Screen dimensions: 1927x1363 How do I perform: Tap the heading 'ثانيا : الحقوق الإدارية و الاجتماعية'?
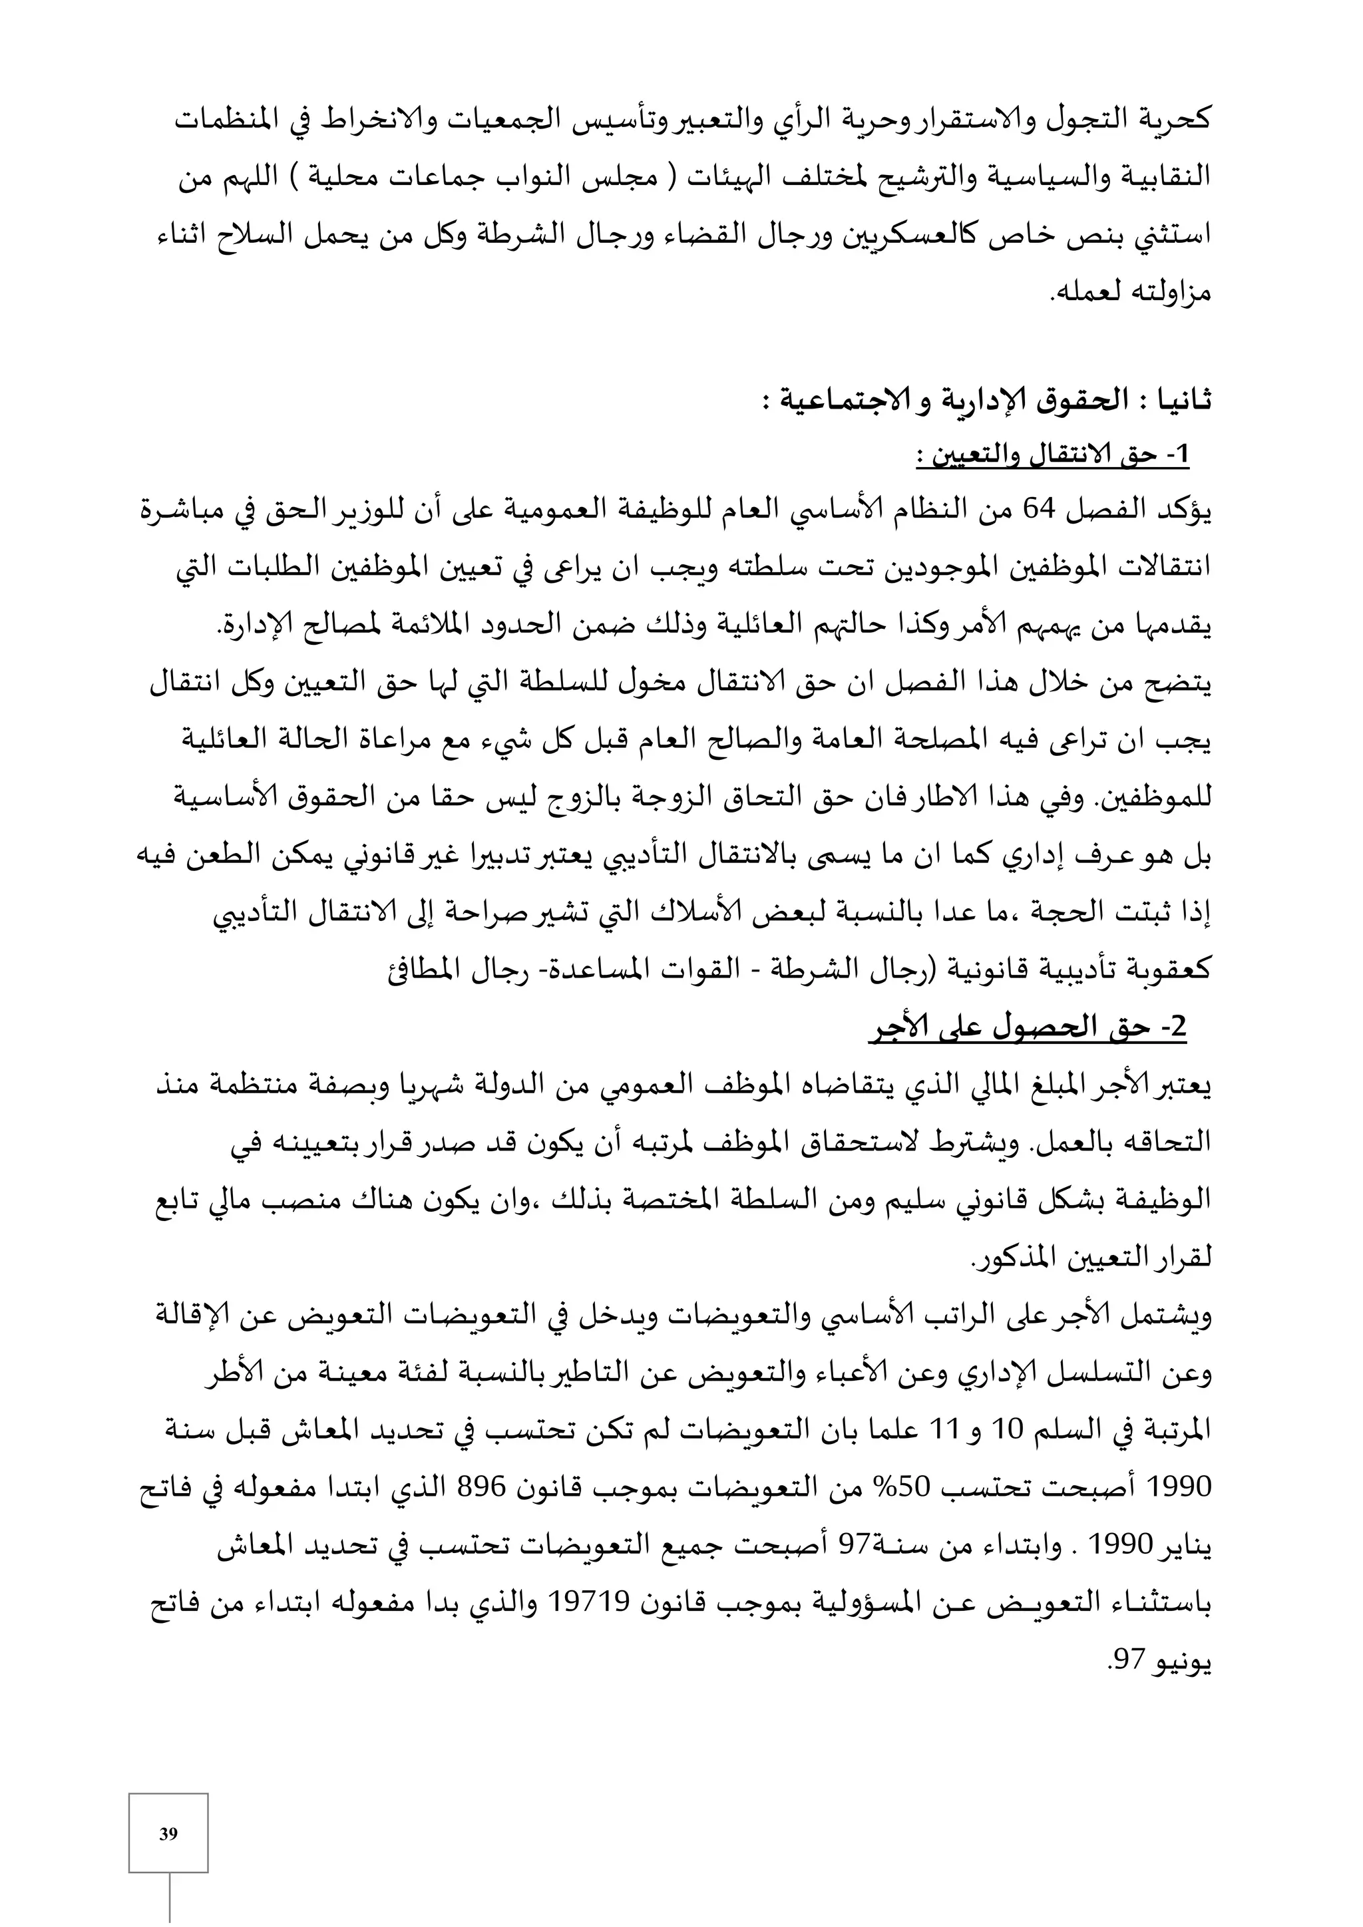(x=986, y=401)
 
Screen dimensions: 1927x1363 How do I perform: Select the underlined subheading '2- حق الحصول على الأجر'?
(x=1028, y=1028)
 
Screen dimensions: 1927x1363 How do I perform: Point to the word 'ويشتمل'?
(x=1170, y=1316)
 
